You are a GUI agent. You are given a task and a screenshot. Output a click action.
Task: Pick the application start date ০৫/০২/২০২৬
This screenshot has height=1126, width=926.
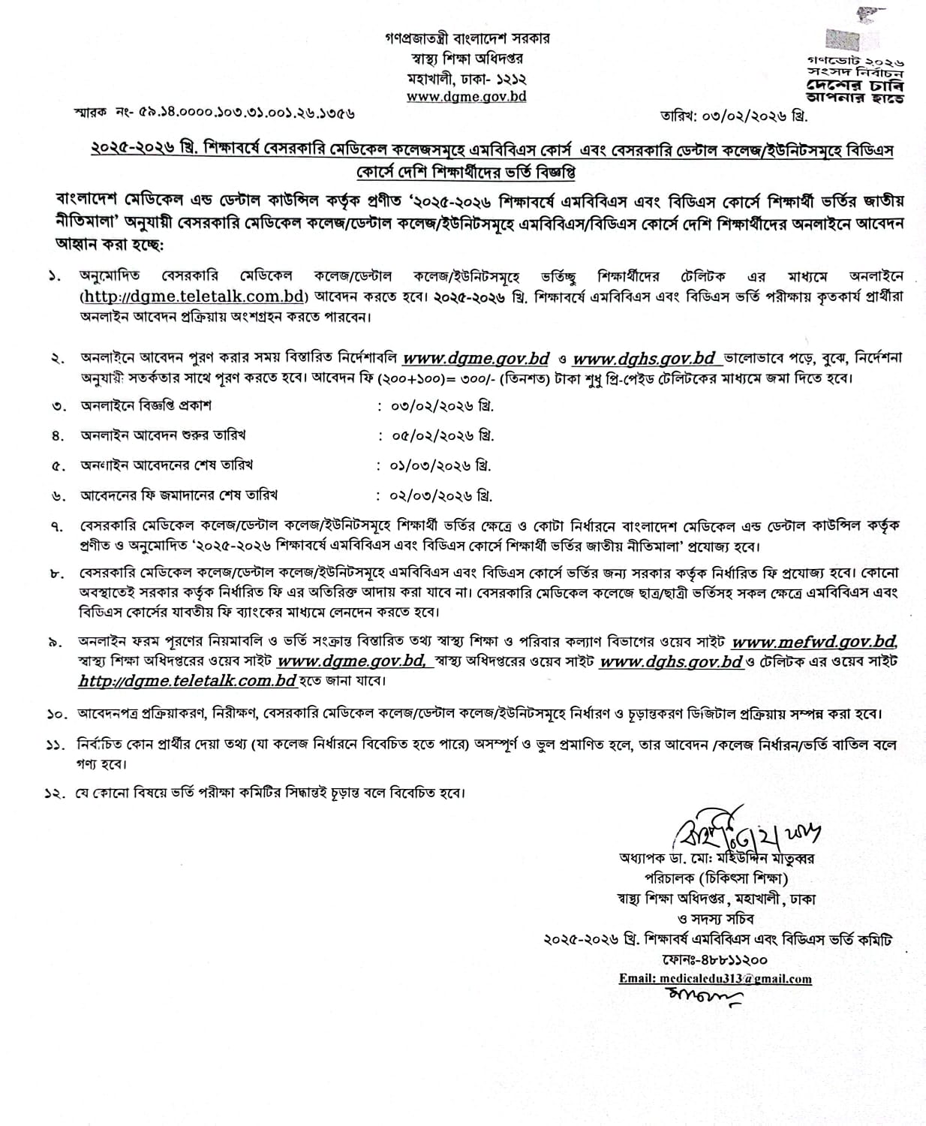[x=442, y=435]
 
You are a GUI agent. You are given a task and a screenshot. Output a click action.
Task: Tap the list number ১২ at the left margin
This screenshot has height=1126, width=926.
[x=52, y=793]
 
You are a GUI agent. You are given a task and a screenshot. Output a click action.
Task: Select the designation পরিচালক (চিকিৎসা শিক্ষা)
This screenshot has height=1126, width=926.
[x=717, y=878]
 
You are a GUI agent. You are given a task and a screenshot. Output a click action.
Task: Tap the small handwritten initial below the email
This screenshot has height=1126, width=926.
[x=701, y=998]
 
